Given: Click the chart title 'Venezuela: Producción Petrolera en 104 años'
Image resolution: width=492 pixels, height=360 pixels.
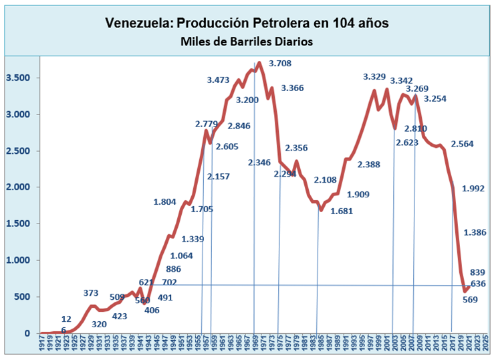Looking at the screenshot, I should click(247, 23).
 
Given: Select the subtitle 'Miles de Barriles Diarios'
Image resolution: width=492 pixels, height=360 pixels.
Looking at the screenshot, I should click(247, 41).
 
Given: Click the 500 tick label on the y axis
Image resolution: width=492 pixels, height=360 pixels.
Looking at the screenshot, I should click(23, 296).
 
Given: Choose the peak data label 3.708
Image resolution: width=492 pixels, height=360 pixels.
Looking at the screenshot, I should click(280, 64).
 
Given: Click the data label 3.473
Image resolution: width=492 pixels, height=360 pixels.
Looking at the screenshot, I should click(219, 80).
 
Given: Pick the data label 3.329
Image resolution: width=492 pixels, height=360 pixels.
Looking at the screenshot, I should click(374, 77).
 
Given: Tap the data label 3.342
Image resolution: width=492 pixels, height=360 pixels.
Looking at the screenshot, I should click(402, 81).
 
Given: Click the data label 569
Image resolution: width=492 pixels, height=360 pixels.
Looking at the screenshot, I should click(469, 300).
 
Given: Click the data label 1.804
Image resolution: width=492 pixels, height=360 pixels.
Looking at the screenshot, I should click(165, 201).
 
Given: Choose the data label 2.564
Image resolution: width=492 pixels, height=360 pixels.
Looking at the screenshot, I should click(463, 144).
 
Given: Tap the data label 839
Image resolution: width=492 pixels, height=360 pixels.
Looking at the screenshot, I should click(477, 272).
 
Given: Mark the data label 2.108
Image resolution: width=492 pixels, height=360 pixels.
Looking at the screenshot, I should click(326, 180).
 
